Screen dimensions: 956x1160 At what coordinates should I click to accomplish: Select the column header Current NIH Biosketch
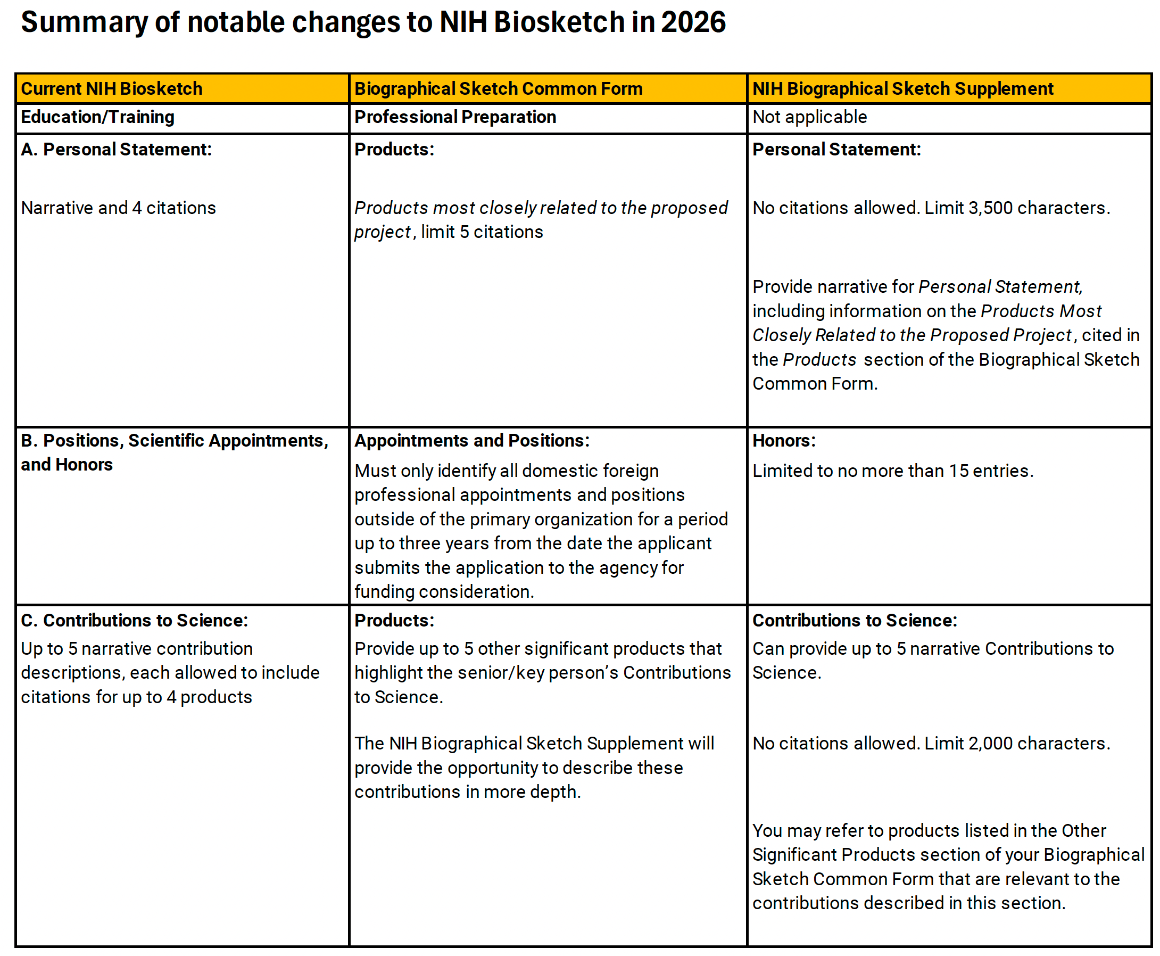[x=111, y=89]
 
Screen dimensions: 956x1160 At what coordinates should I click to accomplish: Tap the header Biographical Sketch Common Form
[x=498, y=89]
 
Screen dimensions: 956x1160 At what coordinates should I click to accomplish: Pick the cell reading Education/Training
[x=97, y=117]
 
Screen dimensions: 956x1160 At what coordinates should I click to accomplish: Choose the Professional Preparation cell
[x=455, y=117]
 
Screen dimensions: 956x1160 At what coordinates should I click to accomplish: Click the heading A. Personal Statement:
[x=116, y=149]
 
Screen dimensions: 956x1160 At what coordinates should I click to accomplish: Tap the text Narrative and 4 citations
[x=118, y=208]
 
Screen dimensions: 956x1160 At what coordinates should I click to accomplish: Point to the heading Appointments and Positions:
[x=471, y=440]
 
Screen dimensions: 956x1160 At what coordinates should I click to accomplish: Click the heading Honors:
[x=783, y=440]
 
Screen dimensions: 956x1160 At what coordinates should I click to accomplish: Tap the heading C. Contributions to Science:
[x=134, y=620]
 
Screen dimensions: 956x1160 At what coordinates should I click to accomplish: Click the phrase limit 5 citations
[x=482, y=232]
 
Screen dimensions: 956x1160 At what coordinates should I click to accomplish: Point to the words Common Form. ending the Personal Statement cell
[x=814, y=383]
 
